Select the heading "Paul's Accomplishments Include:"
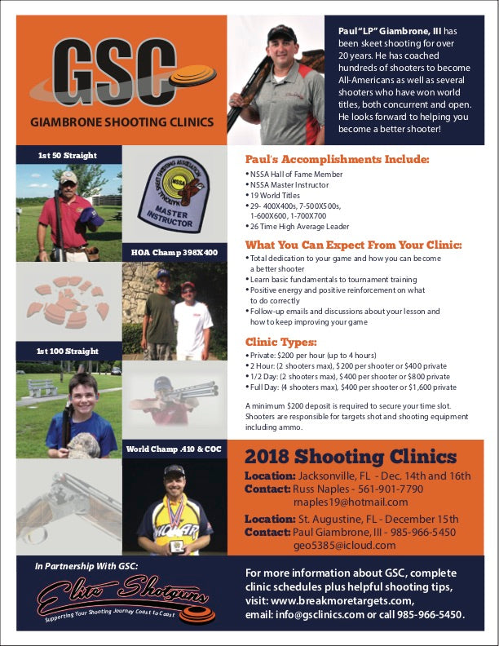click(x=337, y=159)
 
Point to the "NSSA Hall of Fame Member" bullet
click(x=295, y=175)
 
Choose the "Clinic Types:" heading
click(x=281, y=342)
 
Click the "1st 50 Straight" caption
click(x=67, y=155)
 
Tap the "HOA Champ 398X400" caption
click(x=174, y=253)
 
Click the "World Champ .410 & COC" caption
click(x=174, y=449)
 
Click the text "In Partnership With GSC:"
click(x=86, y=565)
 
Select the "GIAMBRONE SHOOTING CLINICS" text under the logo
click(x=121, y=122)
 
